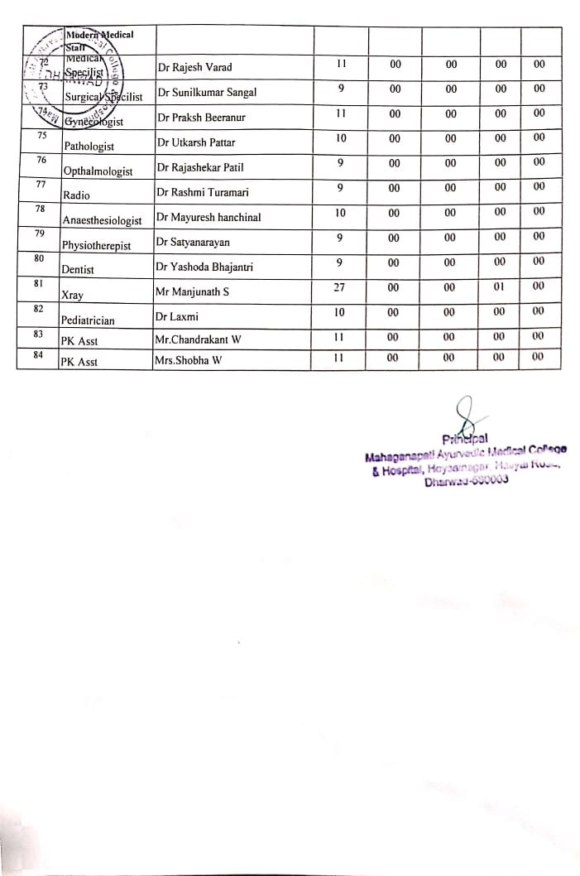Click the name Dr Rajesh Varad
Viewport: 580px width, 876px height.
pos(194,67)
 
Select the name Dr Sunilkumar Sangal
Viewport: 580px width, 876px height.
pos(206,93)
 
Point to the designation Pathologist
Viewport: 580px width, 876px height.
pos(89,147)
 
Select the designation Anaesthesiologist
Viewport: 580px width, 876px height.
pos(103,221)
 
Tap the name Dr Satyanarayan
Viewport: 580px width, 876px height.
pos(193,243)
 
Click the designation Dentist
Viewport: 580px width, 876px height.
pos(78,270)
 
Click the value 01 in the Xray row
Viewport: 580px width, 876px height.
pos(501,287)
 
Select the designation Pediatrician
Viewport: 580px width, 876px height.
pos(88,320)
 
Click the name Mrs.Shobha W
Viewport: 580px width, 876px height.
pos(188,361)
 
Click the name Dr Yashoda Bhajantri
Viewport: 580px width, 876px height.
pos(206,267)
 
